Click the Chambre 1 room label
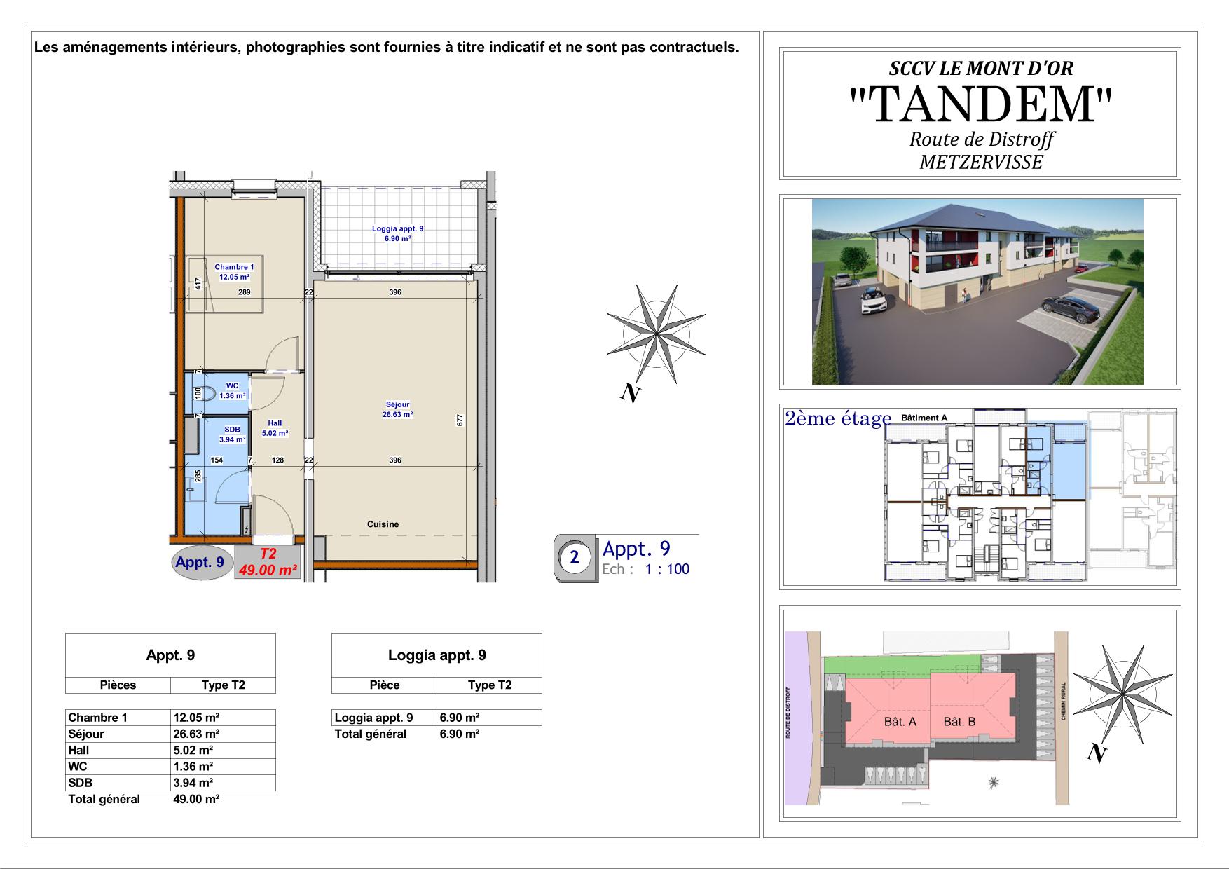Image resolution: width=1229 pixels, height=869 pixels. [234, 267]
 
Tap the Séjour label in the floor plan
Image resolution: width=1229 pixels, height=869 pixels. [397, 404]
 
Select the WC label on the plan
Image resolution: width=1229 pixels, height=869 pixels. [232, 386]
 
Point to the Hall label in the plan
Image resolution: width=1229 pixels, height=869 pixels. [275, 423]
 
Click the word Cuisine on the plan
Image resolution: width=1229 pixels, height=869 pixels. [383, 524]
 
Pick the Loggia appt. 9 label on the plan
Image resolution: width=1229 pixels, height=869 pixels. [397, 228]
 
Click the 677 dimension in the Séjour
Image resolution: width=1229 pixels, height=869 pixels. [460, 420]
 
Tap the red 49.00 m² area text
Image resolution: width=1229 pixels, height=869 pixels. [268, 570]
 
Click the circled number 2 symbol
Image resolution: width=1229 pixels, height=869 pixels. [575, 559]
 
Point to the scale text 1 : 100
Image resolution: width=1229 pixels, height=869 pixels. [667, 569]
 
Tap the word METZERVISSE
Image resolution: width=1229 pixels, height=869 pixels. [981, 163]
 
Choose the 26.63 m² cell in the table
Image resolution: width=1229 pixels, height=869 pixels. [197, 734]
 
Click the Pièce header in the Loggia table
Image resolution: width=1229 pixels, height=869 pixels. [385, 685]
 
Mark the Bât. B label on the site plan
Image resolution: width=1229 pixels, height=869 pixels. [959, 722]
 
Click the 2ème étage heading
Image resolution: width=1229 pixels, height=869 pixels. [838, 418]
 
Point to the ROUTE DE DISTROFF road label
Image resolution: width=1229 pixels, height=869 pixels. [788, 713]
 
